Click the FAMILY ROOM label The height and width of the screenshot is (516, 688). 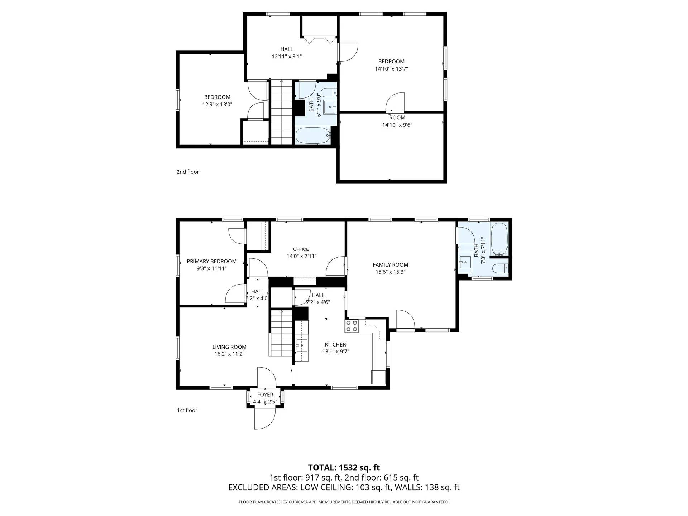point(390,265)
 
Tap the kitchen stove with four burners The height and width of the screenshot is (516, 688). point(352,326)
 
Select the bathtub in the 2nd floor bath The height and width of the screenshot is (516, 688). point(312,135)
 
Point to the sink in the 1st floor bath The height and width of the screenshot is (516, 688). point(465,262)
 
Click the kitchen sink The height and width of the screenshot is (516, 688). point(301,346)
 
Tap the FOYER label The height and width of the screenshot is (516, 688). point(265,395)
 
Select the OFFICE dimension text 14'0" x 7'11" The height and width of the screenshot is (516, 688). point(301,256)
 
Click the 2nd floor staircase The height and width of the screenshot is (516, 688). point(282,113)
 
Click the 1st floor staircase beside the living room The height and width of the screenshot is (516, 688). point(281,333)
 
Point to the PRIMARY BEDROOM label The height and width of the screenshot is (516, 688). point(211,261)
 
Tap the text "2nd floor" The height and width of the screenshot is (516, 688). point(187,172)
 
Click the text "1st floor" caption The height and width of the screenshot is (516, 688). point(187,411)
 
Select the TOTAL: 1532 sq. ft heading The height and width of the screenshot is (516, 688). point(344,468)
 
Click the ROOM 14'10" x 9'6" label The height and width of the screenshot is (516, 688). point(397,121)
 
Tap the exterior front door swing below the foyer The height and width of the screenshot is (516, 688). point(265,419)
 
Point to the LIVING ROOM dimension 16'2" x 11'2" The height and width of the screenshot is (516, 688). point(229,354)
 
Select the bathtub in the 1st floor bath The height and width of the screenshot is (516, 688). point(499,238)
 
